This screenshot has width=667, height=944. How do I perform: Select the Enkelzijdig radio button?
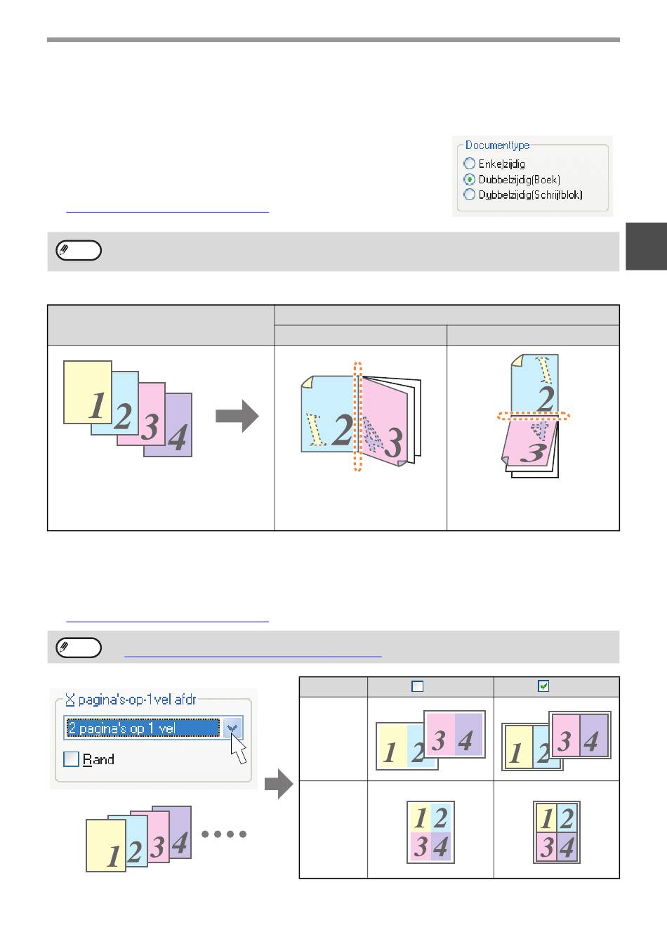pyautogui.click(x=469, y=163)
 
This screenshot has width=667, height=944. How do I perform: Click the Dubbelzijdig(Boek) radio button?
pyautogui.click(x=469, y=179)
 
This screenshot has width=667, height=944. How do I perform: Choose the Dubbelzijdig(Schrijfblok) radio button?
pyautogui.click(x=469, y=195)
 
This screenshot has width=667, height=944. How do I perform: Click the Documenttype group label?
pyautogui.click(x=497, y=145)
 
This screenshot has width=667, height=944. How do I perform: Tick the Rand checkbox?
pyautogui.click(x=71, y=759)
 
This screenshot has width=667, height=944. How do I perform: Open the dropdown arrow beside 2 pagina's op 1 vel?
pyautogui.click(x=232, y=728)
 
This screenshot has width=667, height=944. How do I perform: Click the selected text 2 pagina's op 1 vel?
pyautogui.click(x=121, y=728)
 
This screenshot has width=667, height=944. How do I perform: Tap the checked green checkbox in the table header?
pyautogui.click(x=543, y=686)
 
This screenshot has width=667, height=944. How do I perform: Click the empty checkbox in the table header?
pyautogui.click(x=417, y=686)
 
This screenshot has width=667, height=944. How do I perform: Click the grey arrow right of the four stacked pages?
pyautogui.click(x=237, y=416)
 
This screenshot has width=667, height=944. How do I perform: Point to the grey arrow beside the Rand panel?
pyautogui.click(x=279, y=784)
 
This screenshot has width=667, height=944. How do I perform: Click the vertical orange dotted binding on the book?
pyautogui.click(x=357, y=416)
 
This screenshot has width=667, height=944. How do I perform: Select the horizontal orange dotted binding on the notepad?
pyautogui.click(x=534, y=417)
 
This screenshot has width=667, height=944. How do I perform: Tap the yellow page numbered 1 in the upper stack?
pyautogui.click(x=88, y=392)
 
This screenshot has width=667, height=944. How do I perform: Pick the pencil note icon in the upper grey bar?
pyautogui.click(x=79, y=250)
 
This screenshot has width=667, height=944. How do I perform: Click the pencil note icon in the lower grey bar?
pyautogui.click(x=79, y=648)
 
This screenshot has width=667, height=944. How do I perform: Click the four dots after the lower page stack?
pyautogui.click(x=224, y=834)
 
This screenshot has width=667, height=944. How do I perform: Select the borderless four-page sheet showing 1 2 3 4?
pyautogui.click(x=430, y=832)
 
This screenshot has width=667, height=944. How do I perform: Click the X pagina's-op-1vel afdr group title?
pyautogui.click(x=131, y=700)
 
